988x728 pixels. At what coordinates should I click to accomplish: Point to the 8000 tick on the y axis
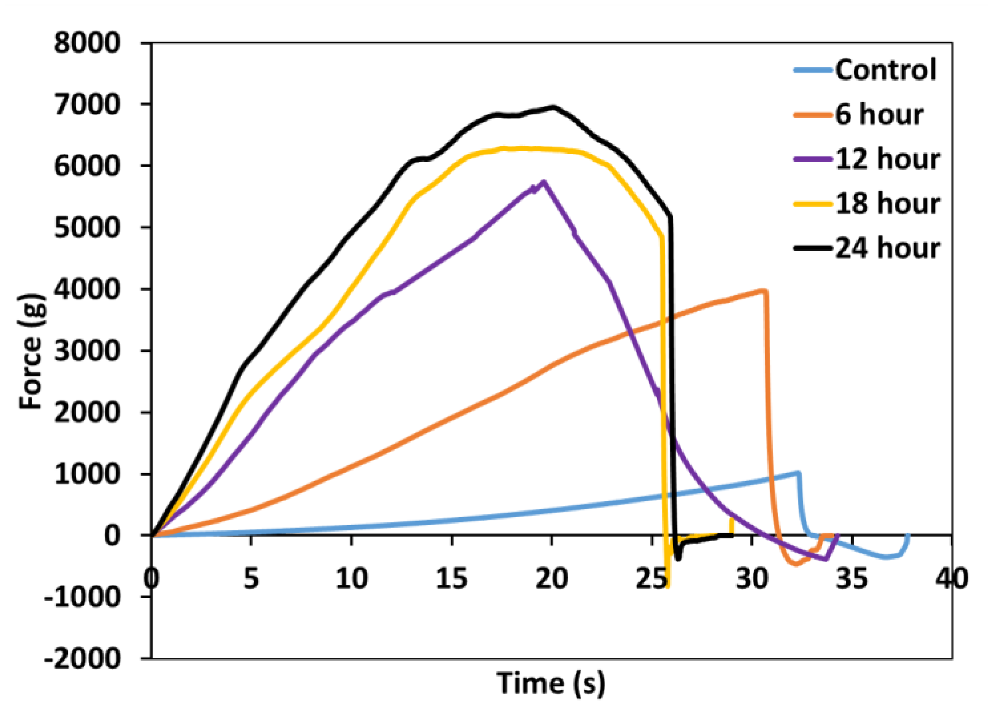click(87, 43)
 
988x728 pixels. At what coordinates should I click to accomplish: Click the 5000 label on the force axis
click(87, 228)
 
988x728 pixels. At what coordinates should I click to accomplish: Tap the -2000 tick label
click(82, 659)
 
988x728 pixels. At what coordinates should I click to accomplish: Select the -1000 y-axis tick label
click(82, 597)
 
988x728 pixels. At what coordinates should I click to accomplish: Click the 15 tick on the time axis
click(451, 579)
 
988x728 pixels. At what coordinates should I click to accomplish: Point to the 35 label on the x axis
click(852, 579)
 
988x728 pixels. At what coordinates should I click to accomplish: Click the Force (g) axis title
click(32, 351)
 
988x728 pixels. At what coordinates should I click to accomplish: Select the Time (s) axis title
click(551, 683)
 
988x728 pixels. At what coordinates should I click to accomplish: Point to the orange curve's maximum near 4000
click(763, 291)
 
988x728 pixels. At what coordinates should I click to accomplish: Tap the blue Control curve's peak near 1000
click(798, 473)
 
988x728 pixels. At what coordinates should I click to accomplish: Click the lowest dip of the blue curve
click(886, 557)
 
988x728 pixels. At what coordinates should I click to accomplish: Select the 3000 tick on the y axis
click(87, 351)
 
